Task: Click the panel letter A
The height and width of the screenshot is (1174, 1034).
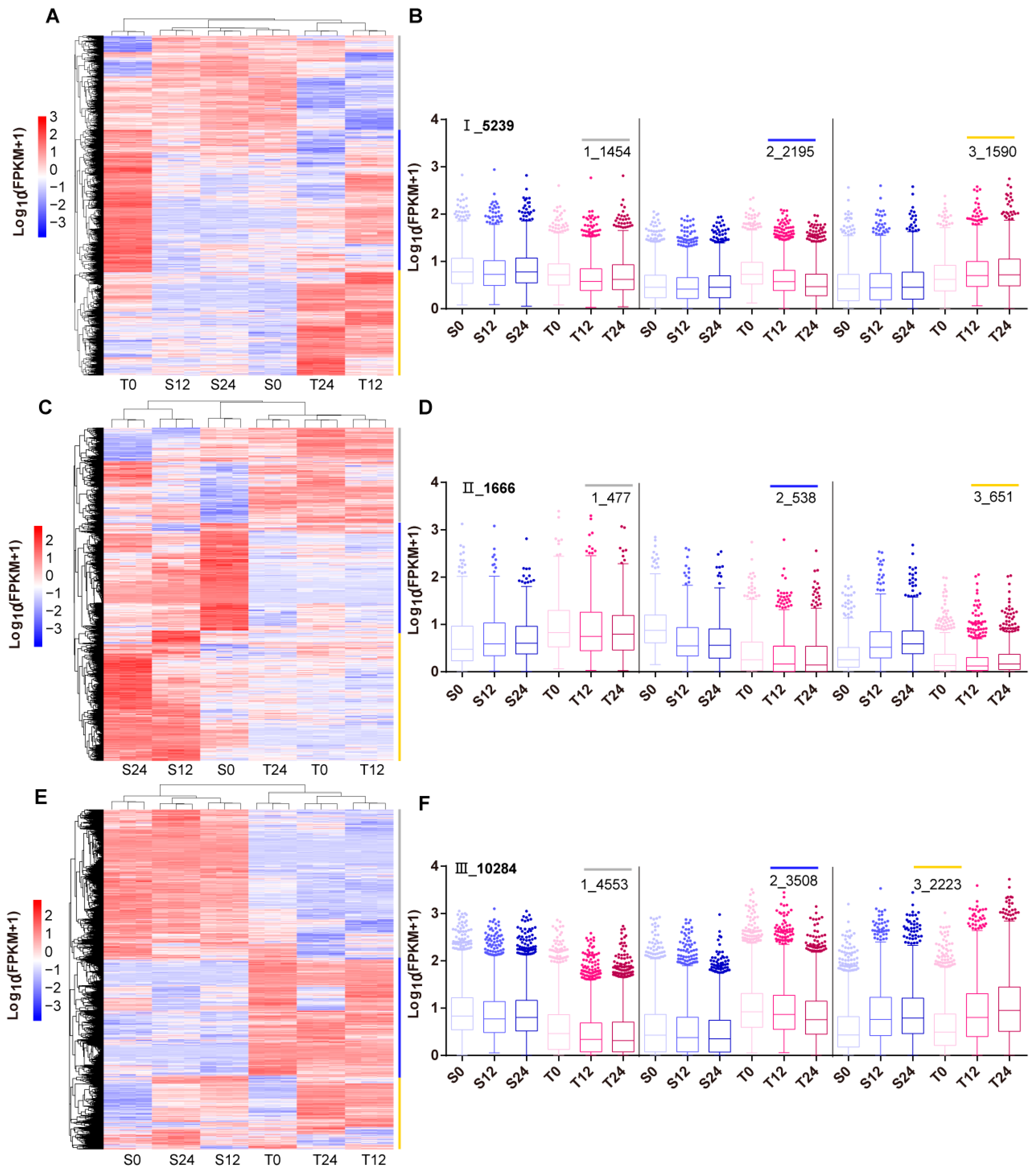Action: coord(52,16)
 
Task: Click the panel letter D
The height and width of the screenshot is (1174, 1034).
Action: coord(425,408)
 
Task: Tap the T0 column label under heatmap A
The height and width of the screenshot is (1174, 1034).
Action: coord(128,384)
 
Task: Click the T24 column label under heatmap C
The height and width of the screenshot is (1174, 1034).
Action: coord(275,770)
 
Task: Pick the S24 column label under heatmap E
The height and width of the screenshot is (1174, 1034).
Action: coord(182,1160)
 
